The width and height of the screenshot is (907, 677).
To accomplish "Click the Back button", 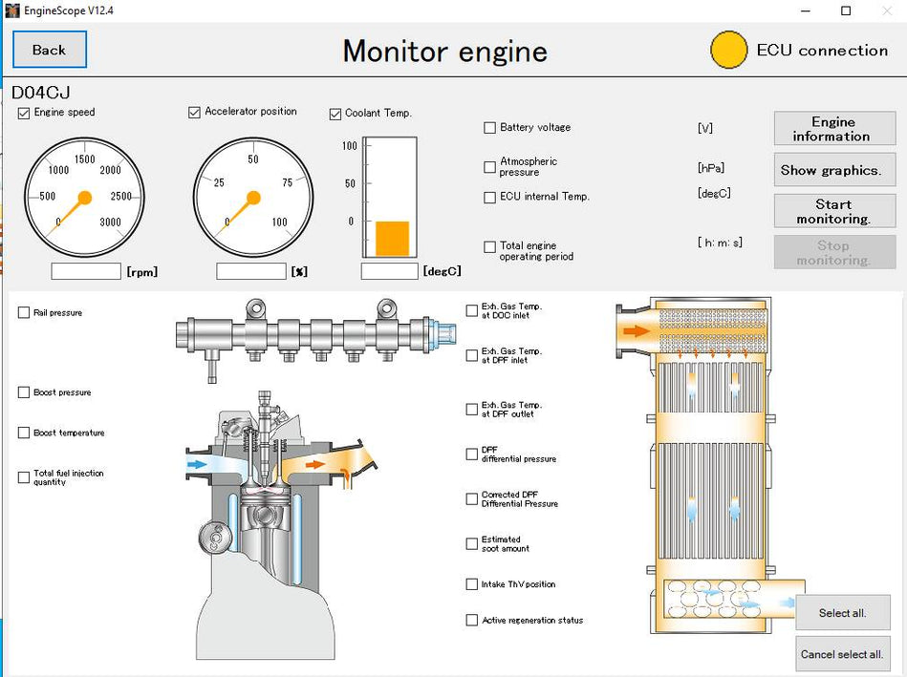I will [50, 50].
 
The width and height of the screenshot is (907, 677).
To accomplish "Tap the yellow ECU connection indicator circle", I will [729, 50].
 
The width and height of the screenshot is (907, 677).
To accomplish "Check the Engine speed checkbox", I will [24, 113].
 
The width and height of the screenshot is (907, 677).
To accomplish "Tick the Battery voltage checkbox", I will [490, 128].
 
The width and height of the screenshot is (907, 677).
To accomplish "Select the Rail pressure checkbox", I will [24, 313].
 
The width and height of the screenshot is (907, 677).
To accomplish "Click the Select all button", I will [842, 612].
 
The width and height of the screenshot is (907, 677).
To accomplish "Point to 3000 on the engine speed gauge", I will [110, 222].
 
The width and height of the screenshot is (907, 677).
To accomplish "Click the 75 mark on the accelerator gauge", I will [288, 182].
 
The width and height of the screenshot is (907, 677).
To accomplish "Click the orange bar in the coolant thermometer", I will [392, 239].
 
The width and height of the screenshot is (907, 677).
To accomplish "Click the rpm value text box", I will [86, 271].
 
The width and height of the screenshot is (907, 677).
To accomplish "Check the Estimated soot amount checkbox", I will [472, 544].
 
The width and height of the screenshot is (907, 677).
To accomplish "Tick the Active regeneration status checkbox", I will [472, 621].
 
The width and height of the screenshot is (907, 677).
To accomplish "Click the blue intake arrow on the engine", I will [197, 464].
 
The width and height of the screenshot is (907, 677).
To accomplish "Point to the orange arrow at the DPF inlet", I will [635, 332].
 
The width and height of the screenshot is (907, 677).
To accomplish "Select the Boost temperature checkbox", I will [24, 433].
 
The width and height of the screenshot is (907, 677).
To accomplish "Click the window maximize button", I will [845, 11].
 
